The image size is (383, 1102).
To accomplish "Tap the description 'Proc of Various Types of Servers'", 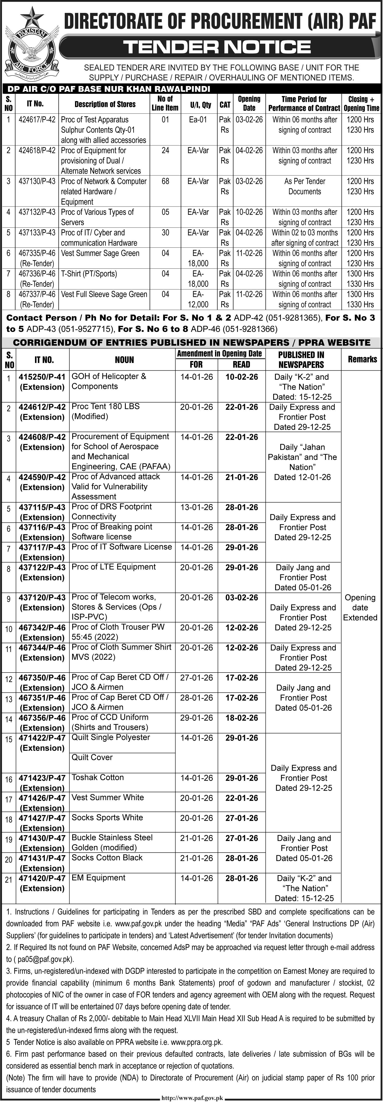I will click(98, 217).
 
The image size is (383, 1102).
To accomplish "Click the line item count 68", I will click(165, 181).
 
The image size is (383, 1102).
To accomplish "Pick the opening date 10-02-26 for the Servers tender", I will click(249, 212).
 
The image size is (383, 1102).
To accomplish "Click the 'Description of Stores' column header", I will click(105, 104).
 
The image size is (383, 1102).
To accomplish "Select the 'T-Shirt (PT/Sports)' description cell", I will click(89, 274).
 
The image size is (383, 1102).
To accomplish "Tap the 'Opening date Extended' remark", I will click(360, 608).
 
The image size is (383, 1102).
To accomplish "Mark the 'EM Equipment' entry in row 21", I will click(98, 878).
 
